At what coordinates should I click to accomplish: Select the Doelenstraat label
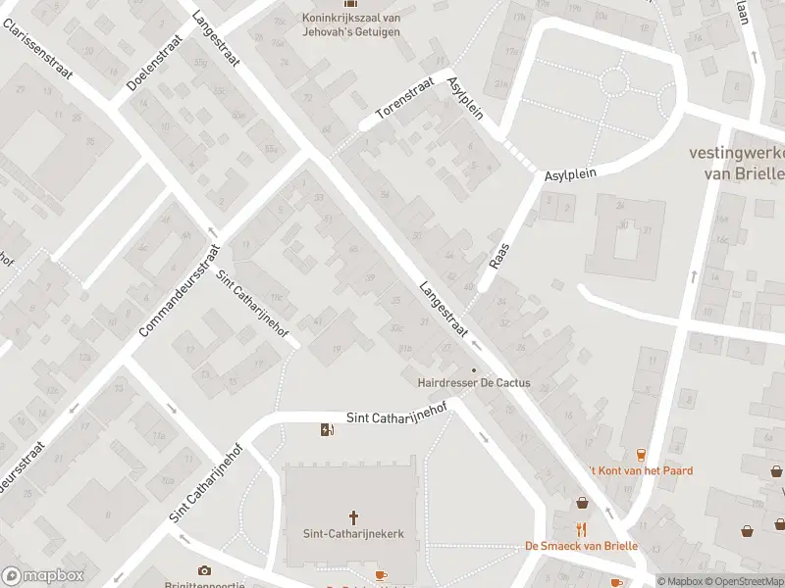click(x=155, y=63)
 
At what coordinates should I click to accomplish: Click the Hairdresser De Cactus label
click(x=474, y=383)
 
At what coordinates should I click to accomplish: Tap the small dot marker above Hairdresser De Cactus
click(x=474, y=369)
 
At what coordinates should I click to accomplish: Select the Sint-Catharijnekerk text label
click(x=353, y=534)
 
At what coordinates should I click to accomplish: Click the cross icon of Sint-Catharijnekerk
click(x=353, y=516)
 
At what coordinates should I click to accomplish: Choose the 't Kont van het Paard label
click(x=641, y=470)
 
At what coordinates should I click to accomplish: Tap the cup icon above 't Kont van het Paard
click(x=641, y=454)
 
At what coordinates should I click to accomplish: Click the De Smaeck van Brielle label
click(x=581, y=546)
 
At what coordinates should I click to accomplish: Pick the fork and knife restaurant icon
click(x=581, y=529)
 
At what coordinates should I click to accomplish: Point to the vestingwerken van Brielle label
click(x=736, y=163)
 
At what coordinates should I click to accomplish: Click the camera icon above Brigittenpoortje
click(x=204, y=570)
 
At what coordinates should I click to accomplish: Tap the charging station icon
click(x=327, y=429)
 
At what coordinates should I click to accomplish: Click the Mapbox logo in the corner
click(x=41, y=576)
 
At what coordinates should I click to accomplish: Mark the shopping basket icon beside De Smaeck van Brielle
click(x=582, y=503)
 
